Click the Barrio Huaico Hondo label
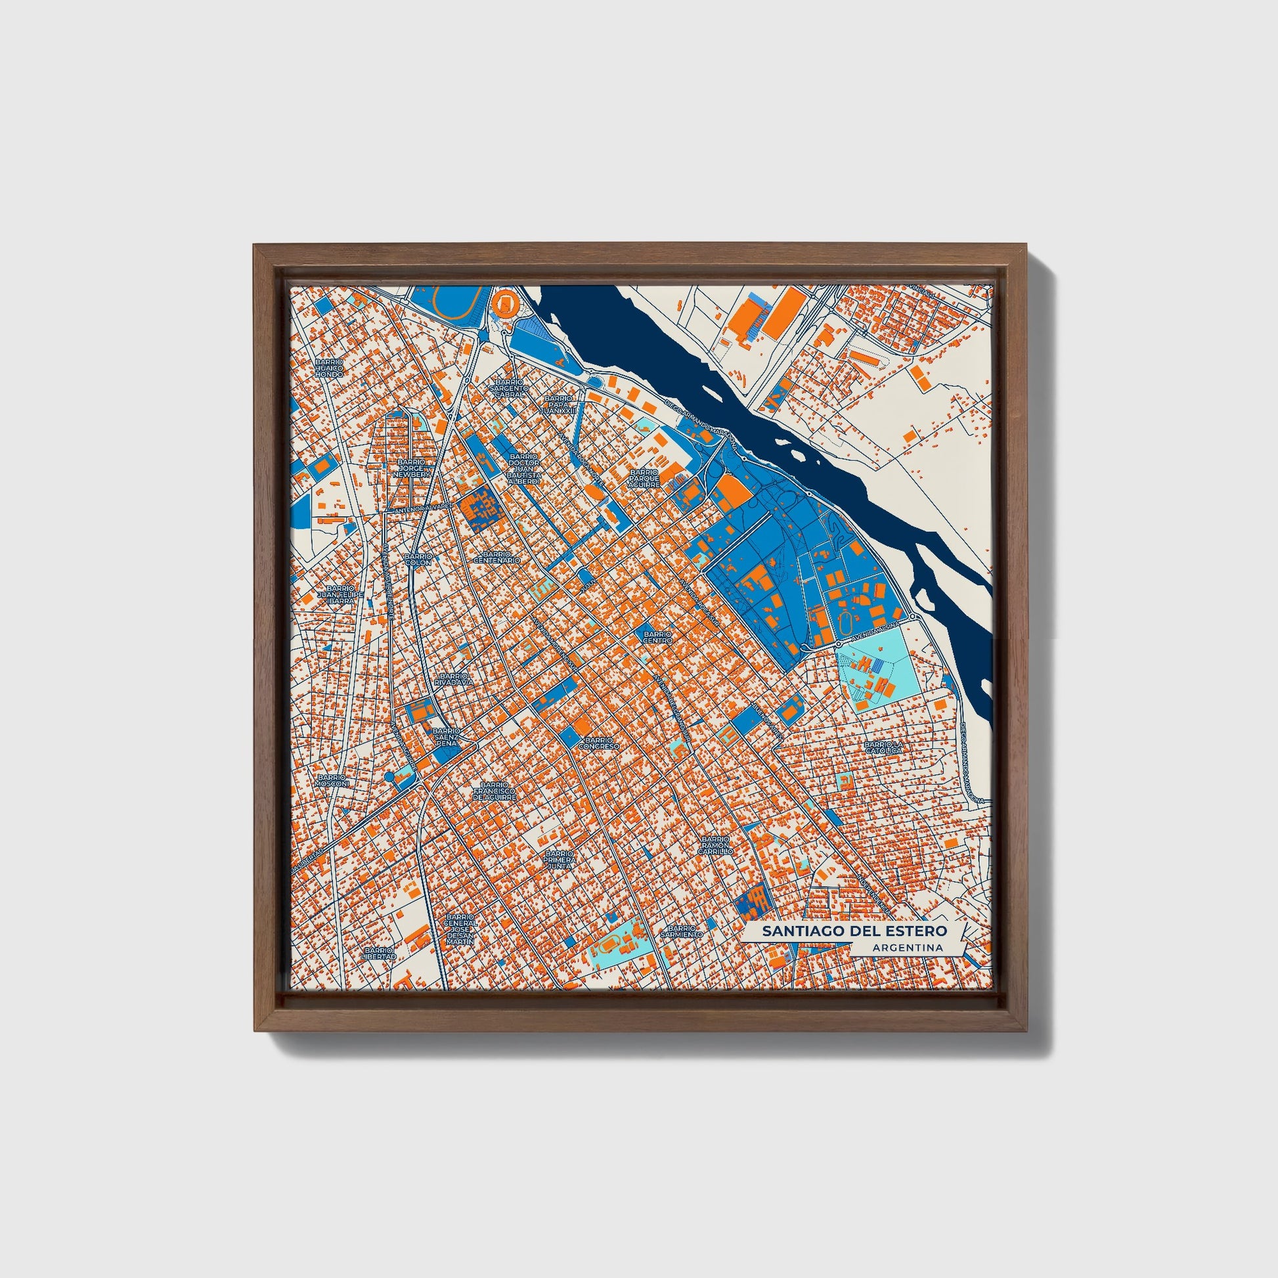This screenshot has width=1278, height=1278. pyautogui.click(x=329, y=368)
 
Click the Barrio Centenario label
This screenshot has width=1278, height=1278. pyautogui.click(x=496, y=557)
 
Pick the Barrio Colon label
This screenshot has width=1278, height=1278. pyautogui.click(x=418, y=560)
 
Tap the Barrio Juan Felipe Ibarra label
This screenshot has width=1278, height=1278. pyautogui.click(x=341, y=595)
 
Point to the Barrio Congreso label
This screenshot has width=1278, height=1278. pyautogui.click(x=599, y=743)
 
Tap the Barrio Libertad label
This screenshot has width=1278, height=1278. pyautogui.click(x=379, y=953)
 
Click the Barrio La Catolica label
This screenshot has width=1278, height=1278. pyautogui.click(x=883, y=747)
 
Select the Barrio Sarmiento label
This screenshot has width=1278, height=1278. pyautogui.click(x=681, y=932)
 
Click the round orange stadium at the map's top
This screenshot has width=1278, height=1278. pyautogui.click(x=506, y=303)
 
